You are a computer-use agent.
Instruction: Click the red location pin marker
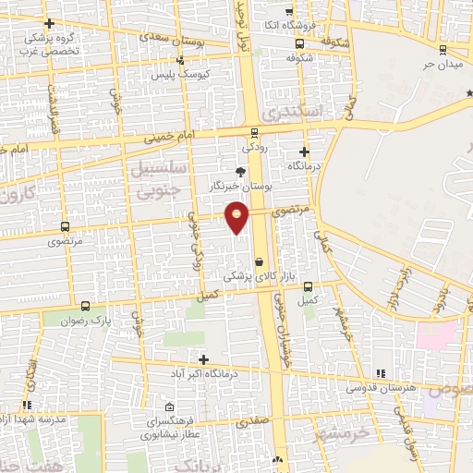(x=238, y=218)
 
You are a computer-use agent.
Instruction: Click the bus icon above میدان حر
(x=444, y=49)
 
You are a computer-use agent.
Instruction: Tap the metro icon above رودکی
(x=255, y=131)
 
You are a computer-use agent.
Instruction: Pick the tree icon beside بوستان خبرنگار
(x=241, y=171)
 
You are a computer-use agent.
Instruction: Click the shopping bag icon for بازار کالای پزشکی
(x=259, y=262)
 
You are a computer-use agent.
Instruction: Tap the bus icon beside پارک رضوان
(x=85, y=306)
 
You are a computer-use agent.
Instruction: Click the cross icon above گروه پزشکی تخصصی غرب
(x=49, y=23)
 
